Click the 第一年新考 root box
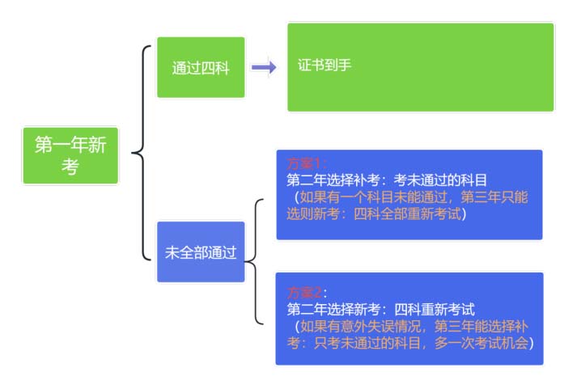70,155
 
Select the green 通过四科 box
201,68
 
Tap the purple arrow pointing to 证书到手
263,68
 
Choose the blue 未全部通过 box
201,252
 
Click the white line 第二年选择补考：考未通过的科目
387,180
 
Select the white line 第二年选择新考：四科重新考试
380,309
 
